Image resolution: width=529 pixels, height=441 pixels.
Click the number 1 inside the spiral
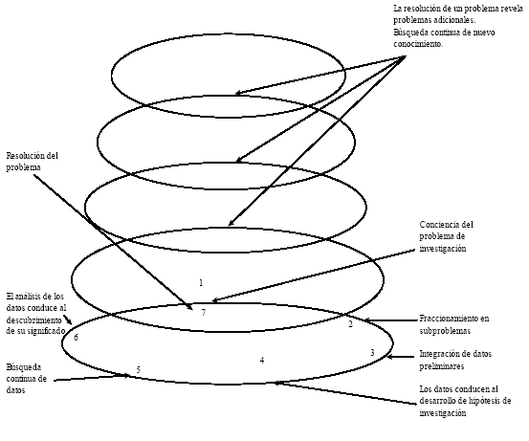pyautogui.click(x=201, y=283)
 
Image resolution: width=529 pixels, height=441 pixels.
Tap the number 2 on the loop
pyautogui.click(x=350, y=324)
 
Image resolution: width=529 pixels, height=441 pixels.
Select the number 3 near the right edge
pyautogui.click(x=372, y=353)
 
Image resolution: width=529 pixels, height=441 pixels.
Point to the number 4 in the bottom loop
pyautogui.click(x=262, y=360)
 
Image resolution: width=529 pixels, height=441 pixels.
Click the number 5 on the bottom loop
pyautogui.click(x=139, y=369)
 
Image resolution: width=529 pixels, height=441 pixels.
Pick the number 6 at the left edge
pyautogui.click(x=76, y=337)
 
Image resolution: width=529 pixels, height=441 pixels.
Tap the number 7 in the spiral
pyautogui.click(x=204, y=313)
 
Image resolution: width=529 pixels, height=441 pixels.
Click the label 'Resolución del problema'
pyautogui.click(x=33, y=162)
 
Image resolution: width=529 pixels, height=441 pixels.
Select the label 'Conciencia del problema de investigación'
pyautogui.click(x=447, y=236)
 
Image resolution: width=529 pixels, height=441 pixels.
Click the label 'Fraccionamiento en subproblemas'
pyautogui.click(x=454, y=324)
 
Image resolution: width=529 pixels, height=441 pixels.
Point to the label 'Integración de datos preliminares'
pyautogui.click(x=455, y=360)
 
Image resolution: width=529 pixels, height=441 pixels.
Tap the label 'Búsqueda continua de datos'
pyautogui.click(x=27, y=379)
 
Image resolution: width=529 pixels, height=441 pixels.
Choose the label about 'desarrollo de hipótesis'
pyautogui.click(x=465, y=401)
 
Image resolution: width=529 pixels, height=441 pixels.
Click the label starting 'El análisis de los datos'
pyautogui.click(x=36, y=314)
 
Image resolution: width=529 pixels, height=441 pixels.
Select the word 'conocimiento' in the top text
pyautogui.click(x=418, y=44)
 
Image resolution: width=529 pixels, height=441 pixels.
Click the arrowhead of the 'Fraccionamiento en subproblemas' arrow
pyautogui.click(x=366, y=320)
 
